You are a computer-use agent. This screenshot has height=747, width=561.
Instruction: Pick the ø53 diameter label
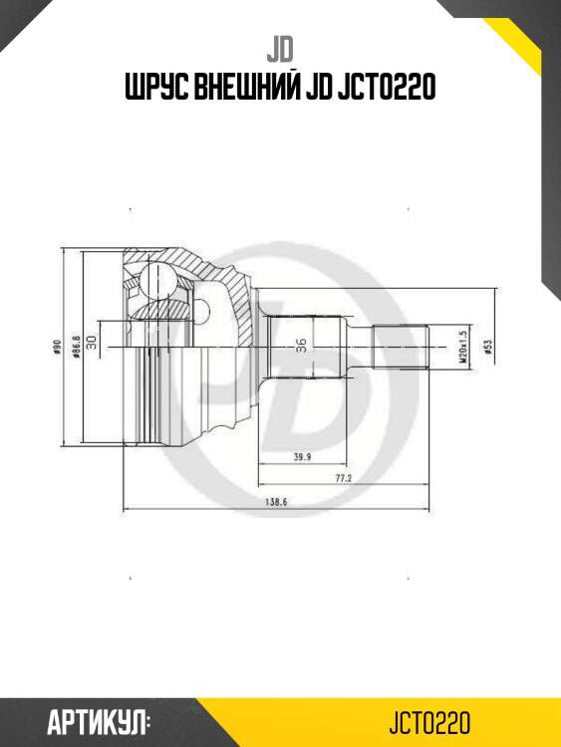[x=486, y=347]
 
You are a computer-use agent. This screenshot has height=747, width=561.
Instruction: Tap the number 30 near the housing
[x=92, y=342]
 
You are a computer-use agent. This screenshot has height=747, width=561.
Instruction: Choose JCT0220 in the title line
[x=392, y=89]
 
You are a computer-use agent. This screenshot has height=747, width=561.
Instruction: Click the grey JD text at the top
[x=279, y=47]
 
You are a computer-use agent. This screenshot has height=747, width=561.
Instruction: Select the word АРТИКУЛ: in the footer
[x=99, y=722]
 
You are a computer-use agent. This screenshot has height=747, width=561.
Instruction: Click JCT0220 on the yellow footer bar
[x=428, y=722]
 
